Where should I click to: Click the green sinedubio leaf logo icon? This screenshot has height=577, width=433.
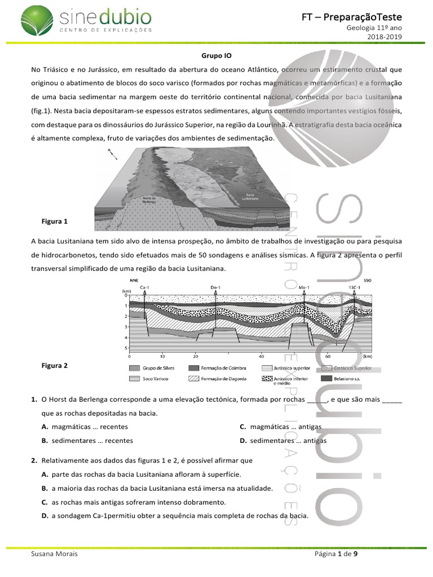[x=37, y=20]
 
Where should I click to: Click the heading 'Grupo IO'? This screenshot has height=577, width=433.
[x=216, y=56]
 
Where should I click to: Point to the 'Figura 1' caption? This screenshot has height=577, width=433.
[x=55, y=221]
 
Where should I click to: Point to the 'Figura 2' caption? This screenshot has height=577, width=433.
[x=55, y=365]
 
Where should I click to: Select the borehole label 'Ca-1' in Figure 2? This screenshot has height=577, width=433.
[x=144, y=287]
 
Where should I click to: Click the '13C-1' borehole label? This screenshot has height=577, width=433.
[x=354, y=287]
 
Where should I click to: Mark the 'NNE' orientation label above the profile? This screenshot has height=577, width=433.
[x=134, y=279]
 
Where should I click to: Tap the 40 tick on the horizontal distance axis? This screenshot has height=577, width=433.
[x=261, y=357]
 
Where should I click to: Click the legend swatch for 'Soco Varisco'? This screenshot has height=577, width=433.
[x=134, y=379]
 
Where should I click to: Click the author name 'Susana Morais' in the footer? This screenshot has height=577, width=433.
[x=55, y=554]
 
